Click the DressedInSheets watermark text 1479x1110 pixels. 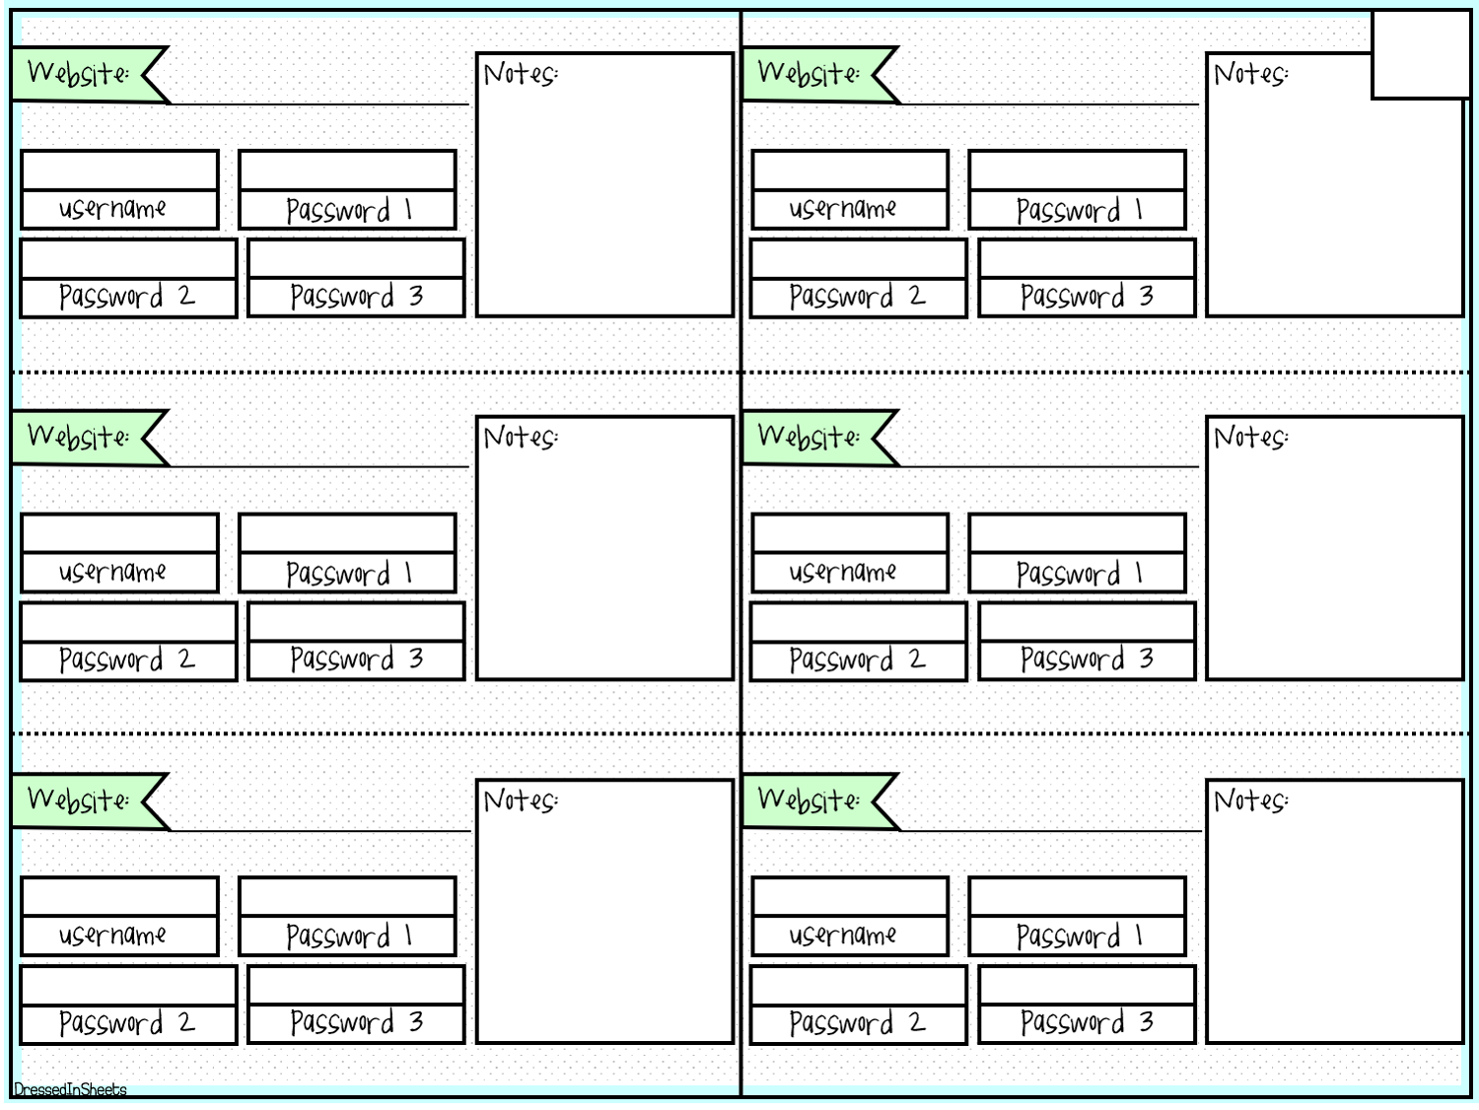tap(70, 1090)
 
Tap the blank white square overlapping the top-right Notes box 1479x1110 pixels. tap(1421, 54)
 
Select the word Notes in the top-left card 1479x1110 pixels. tap(521, 73)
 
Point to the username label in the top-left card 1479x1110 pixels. tap(112, 208)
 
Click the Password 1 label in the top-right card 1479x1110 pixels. tap(1079, 210)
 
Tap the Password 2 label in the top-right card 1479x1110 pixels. tap(857, 297)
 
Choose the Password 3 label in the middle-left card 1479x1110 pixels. tap(357, 659)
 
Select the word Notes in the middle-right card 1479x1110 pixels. tap(1250, 437)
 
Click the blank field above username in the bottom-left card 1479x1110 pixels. tap(120, 896)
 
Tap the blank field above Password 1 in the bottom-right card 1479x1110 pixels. tap(1078, 896)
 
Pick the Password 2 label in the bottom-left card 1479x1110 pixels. tap(126, 1023)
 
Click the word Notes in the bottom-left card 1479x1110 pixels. tap(521, 800)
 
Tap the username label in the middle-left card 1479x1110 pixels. tap(112, 572)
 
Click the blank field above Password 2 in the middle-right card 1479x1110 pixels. tap(859, 622)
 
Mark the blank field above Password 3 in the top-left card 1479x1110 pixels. tap(357, 258)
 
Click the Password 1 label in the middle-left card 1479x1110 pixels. tap(348, 574)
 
